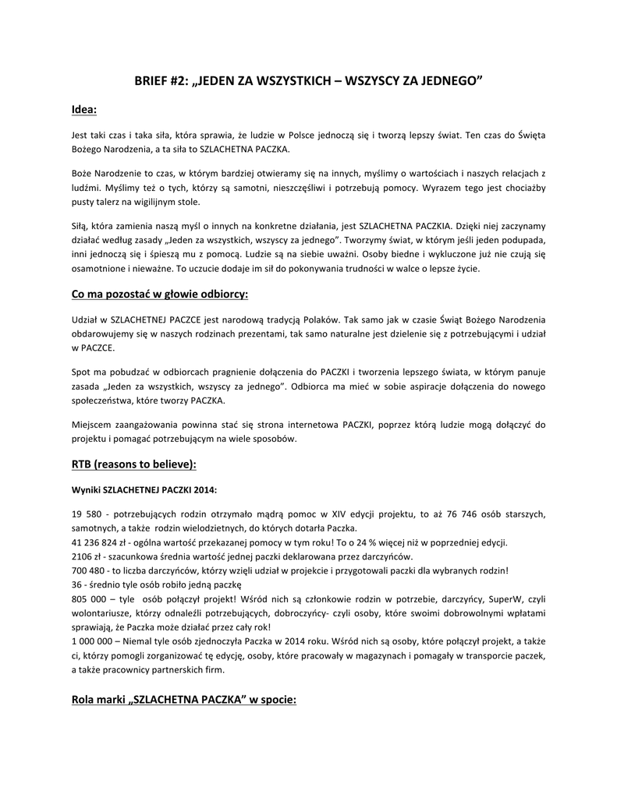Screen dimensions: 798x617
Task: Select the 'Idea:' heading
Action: tap(83, 110)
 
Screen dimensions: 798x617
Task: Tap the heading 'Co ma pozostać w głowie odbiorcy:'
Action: tap(159, 293)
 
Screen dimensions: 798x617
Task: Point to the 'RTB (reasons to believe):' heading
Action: tap(133, 464)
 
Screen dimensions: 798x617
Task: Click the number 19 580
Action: tap(86, 514)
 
